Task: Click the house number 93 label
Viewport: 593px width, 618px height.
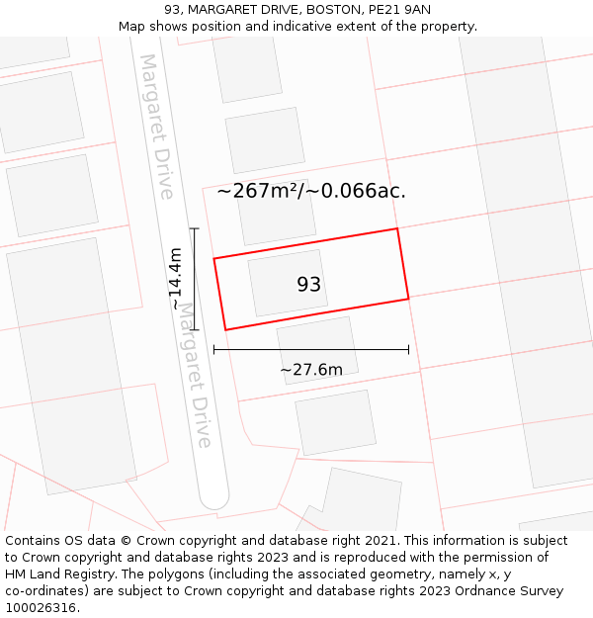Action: [309, 285]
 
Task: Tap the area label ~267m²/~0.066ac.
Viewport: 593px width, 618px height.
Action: [311, 191]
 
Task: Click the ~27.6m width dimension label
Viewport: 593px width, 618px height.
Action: [311, 370]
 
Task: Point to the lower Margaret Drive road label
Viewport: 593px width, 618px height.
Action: [196, 376]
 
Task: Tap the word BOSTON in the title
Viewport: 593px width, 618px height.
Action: [334, 10]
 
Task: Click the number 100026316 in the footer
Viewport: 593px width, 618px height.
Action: [41, 607]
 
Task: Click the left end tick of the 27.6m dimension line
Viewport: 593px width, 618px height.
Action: [214, 349]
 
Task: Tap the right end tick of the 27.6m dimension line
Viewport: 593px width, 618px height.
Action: [408, 349]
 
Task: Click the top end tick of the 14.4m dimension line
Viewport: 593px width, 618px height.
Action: [195, 228]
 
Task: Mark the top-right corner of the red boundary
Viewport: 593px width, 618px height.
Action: [397, 228]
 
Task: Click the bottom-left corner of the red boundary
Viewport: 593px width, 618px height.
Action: [225, 329]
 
